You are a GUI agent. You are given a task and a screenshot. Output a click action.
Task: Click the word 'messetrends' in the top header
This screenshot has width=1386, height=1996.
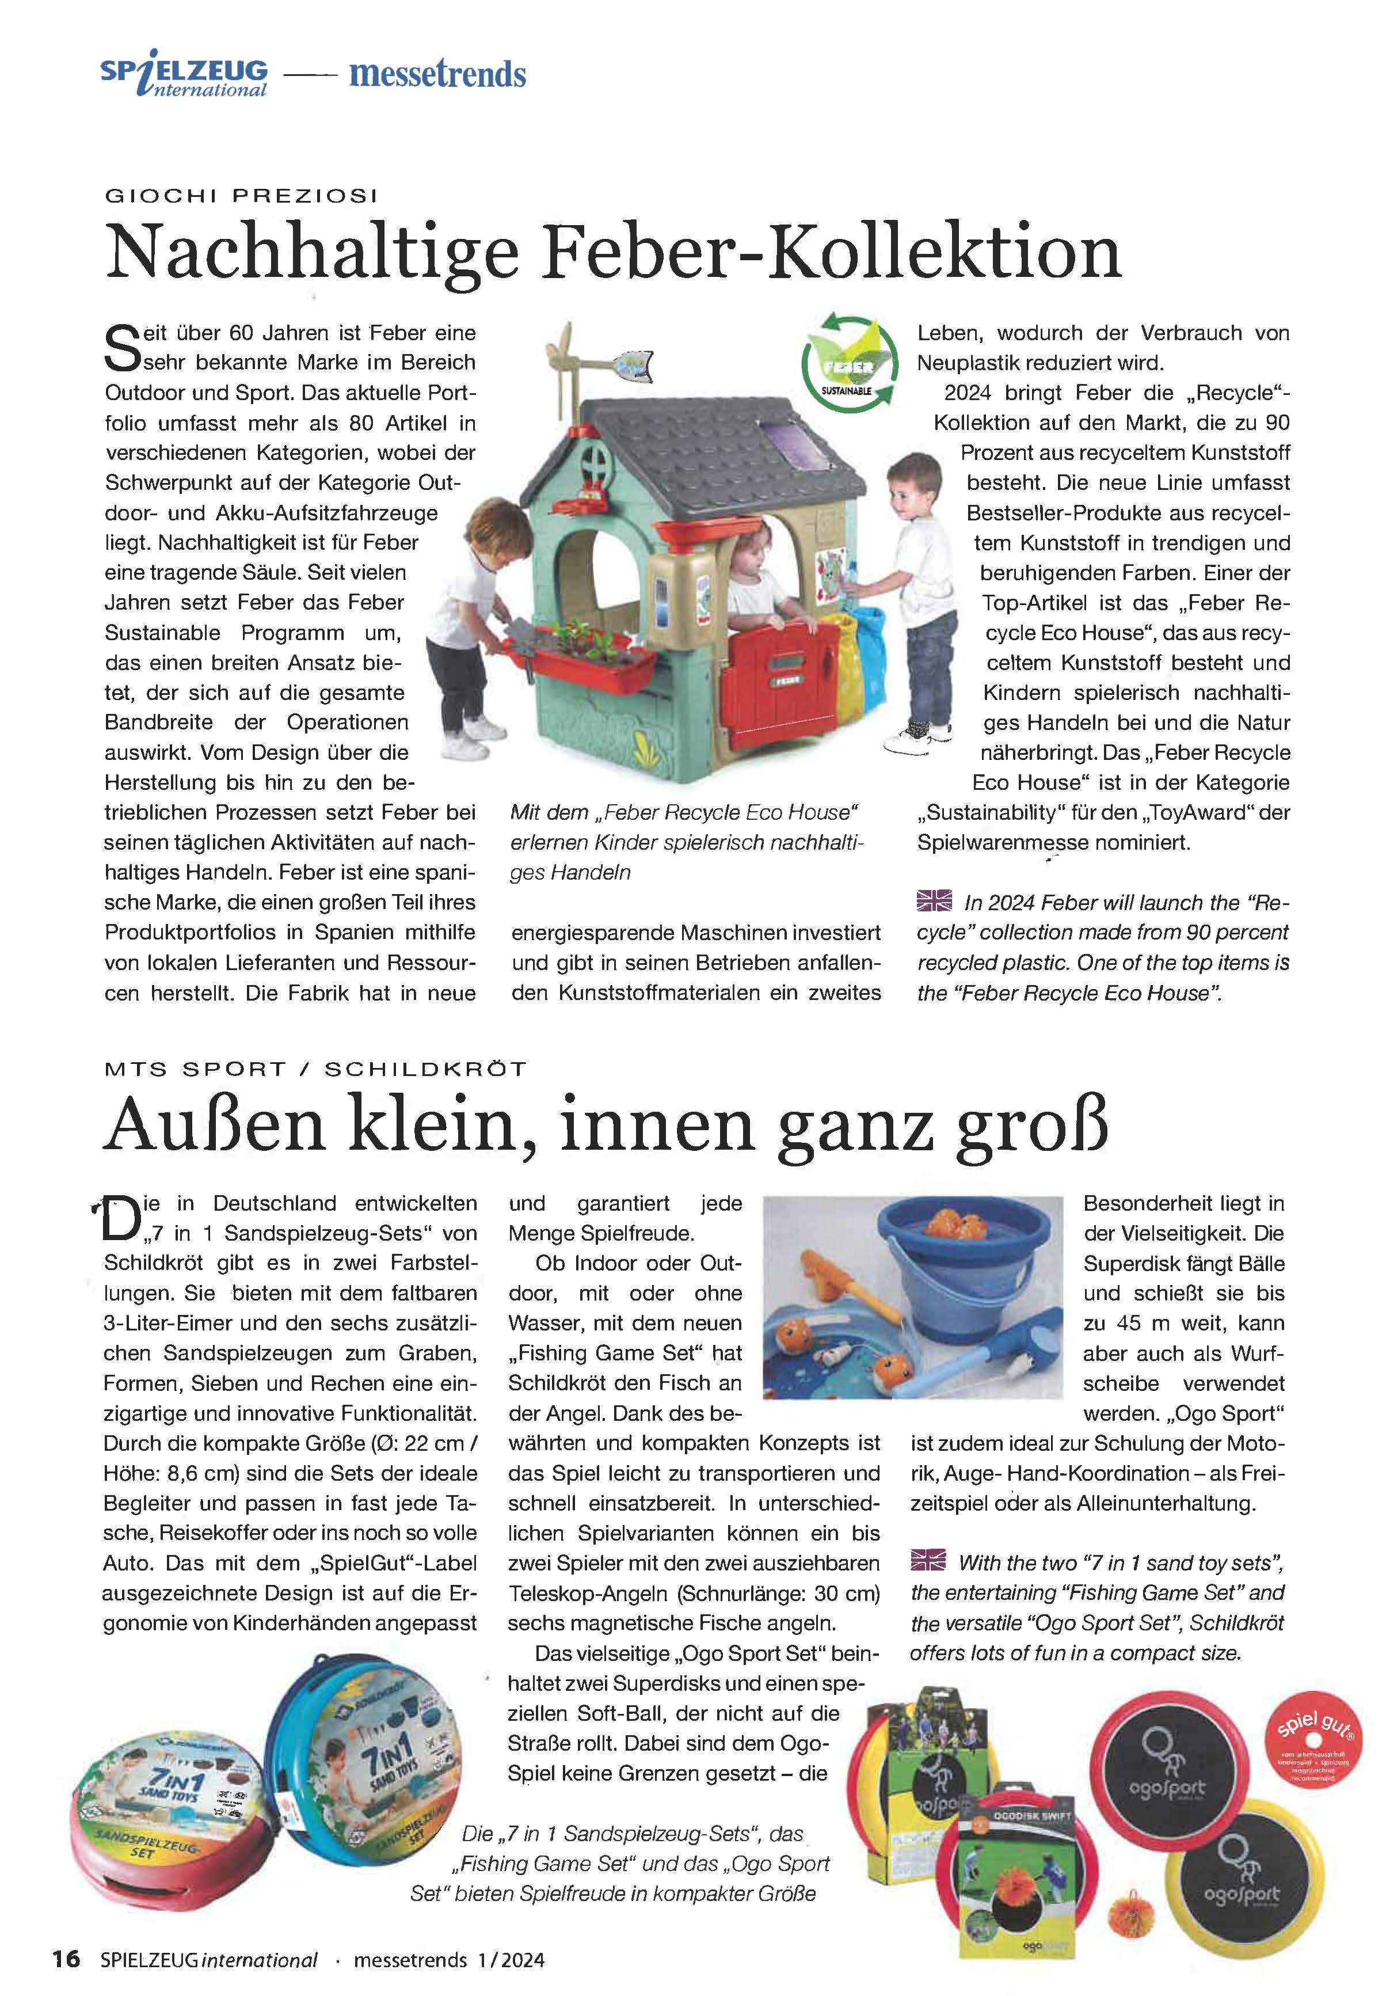(437, 75)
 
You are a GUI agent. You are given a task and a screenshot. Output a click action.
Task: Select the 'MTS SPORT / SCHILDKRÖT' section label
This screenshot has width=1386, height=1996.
(315, 1069)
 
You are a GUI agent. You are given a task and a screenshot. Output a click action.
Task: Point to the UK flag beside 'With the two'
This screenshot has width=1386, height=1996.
(928, 1561)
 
